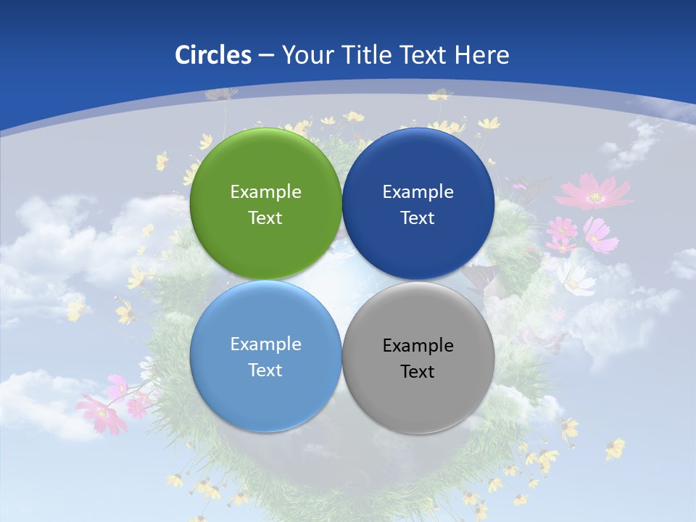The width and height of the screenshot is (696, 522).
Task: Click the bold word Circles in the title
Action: [213, 55]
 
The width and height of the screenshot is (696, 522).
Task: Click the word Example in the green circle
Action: [265, 191]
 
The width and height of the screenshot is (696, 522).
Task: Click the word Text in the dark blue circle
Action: [418, 217]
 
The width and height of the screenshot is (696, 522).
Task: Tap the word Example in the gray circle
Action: [418, 345]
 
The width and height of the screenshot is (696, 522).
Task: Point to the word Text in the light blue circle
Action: [265, 370]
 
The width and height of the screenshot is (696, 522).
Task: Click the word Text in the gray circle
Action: [418, 371]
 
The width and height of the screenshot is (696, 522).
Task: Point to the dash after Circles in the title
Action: [266, 56]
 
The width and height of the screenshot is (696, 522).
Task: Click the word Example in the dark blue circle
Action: [418, 191]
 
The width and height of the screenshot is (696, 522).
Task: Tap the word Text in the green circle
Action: [265, 217]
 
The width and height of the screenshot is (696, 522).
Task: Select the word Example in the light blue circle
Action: [265, 344]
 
